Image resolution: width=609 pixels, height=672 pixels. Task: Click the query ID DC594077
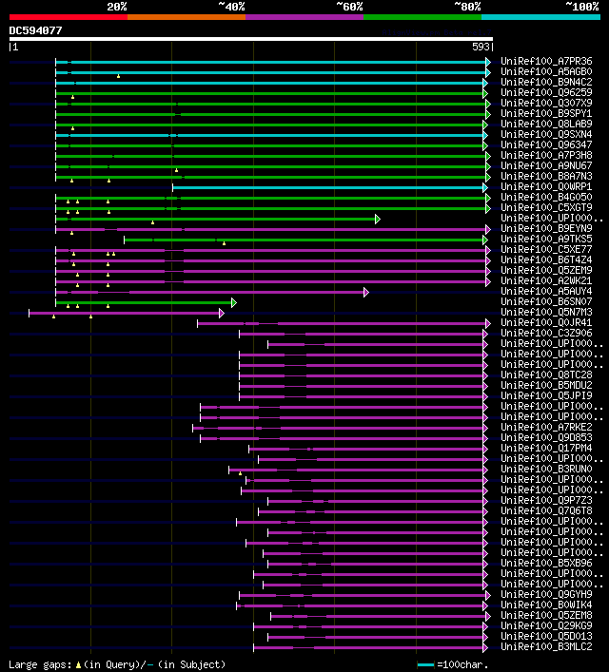(36, 30)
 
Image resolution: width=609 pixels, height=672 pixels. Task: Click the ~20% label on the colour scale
(116, 6)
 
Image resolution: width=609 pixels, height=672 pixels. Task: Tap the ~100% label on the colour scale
(581, 6)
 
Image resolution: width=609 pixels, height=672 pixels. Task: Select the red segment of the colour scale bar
(68, 16)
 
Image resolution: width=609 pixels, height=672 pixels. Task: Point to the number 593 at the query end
(481, 46)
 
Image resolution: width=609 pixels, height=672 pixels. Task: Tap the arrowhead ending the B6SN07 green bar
(233, 302)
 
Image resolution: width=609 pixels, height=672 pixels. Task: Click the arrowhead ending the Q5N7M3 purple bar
(222, 313)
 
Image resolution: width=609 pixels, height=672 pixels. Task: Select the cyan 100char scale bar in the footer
(425, 664)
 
